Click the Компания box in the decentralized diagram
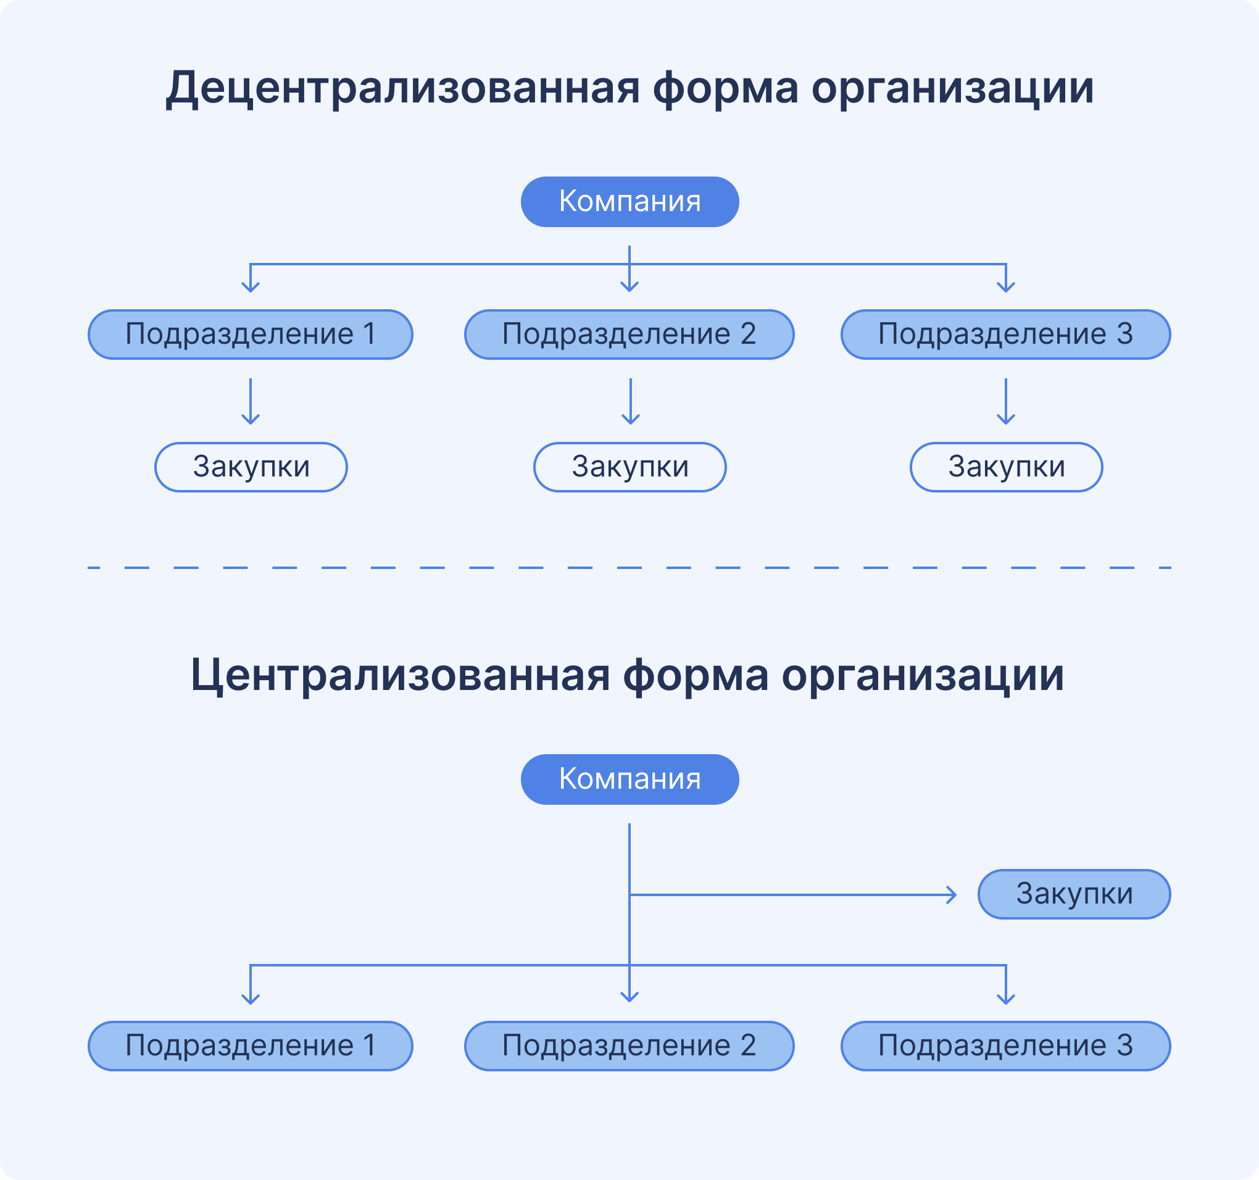[629, 201]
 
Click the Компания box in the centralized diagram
[629, 779]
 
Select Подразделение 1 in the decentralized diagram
[250, 334]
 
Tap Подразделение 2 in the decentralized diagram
[629, 334]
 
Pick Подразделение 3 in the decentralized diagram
[1005, 334]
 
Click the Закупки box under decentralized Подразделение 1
[251, 467]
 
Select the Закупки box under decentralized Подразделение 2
[629, 467]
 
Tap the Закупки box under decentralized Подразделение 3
[1006, 467]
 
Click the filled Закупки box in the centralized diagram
[1073, 894]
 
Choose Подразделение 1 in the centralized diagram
[250, 1045]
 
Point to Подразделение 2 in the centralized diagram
[629, 1045]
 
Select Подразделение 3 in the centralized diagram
[1005, 1045]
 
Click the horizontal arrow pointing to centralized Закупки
[792, 895]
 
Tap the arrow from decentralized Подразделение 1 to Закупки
[251, 401]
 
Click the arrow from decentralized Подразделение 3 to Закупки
[1006, 401]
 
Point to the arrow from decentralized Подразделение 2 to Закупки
[630, 401]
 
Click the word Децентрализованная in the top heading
[402, 88]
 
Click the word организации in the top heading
[952, 88]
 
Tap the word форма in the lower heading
[695, 675]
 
